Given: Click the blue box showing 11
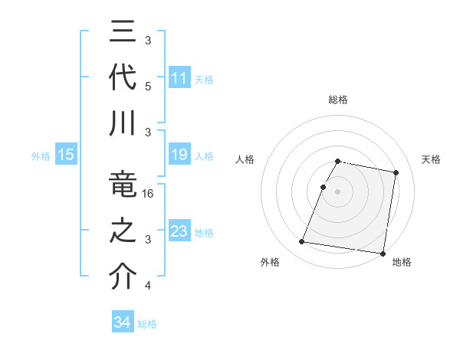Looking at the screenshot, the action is (179, 78).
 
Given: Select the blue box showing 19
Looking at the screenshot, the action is (179, 155).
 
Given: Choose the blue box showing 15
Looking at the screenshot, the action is (66, 155).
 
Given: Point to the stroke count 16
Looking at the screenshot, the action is (149, 195).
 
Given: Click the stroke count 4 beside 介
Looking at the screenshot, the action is (148, 286).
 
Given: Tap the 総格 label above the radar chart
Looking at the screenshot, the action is (338, 100).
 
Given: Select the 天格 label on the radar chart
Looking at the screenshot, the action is (431, 159).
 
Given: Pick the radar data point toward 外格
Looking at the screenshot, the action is (302, 242).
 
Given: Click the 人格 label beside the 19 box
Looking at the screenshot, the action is (204, 156).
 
